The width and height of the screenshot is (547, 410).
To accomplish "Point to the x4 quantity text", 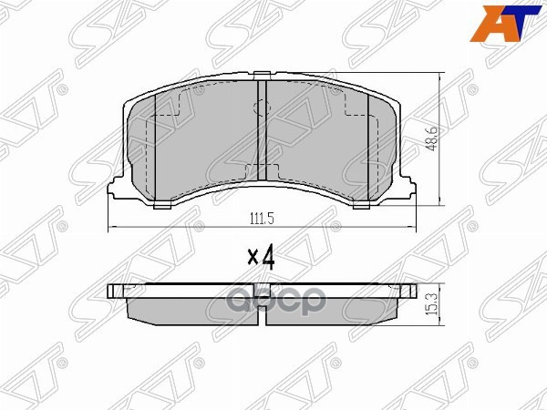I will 262,257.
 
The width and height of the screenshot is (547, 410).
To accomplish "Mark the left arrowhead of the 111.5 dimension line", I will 111,227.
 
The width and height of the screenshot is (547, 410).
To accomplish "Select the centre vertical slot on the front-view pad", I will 262,137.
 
